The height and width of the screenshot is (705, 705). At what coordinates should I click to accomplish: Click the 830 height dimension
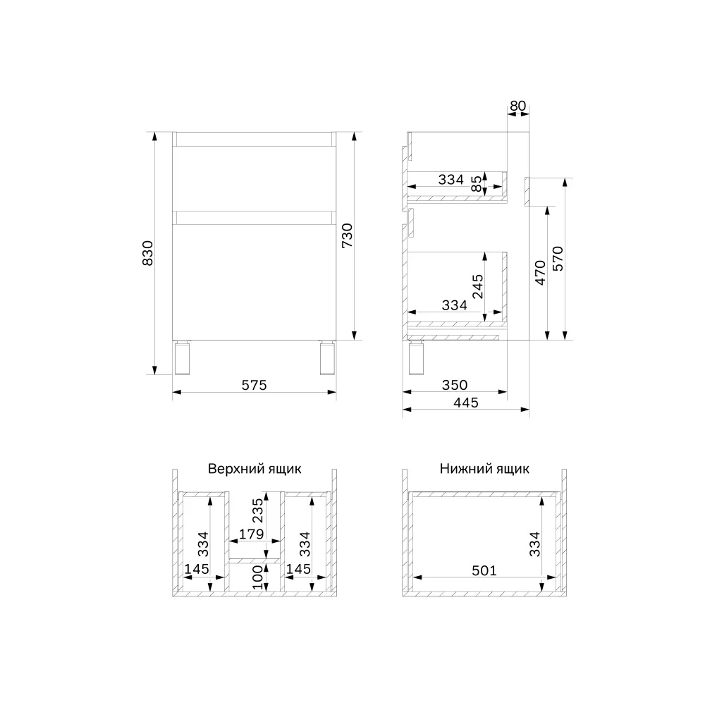click(147, 253)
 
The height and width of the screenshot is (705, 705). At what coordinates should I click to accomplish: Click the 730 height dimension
click(347, 235)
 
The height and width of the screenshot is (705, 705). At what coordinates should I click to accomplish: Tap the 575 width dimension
click(254, 385)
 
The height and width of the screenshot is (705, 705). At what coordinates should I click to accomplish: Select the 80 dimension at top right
click(517, 106)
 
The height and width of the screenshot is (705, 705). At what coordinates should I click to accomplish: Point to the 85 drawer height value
click(476, 183)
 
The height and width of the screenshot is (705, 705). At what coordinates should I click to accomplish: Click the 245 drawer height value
click(477, 286)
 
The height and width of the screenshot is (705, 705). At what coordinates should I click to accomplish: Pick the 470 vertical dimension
click(540, 272)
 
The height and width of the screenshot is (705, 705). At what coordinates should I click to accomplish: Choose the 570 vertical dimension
click(558, 259)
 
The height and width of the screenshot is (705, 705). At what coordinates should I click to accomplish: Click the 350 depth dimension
click(455, 385)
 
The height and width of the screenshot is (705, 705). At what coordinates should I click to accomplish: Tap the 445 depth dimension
click(466, 403)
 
